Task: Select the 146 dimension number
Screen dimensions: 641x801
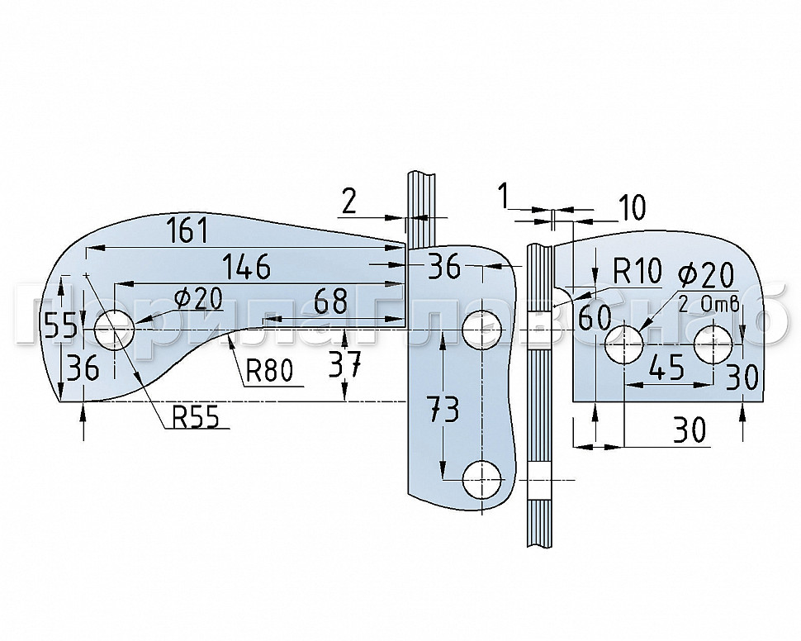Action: coord(246,266)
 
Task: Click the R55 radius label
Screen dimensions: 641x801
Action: coord(196,418)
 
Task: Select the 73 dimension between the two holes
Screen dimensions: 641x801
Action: coord(444,410)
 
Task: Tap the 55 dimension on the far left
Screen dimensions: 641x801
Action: coord(60,326)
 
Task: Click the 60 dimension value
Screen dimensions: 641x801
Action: coord(594,316)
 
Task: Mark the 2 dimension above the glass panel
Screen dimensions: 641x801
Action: coord(349,201)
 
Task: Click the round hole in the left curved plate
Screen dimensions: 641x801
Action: coord(114,330)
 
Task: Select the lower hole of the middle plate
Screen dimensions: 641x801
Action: coord(482,479)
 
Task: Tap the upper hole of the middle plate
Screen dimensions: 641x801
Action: coord(482,330)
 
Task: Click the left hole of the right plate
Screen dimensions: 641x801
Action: coord(625,343)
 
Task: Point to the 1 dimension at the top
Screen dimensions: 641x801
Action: coord(502,197)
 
